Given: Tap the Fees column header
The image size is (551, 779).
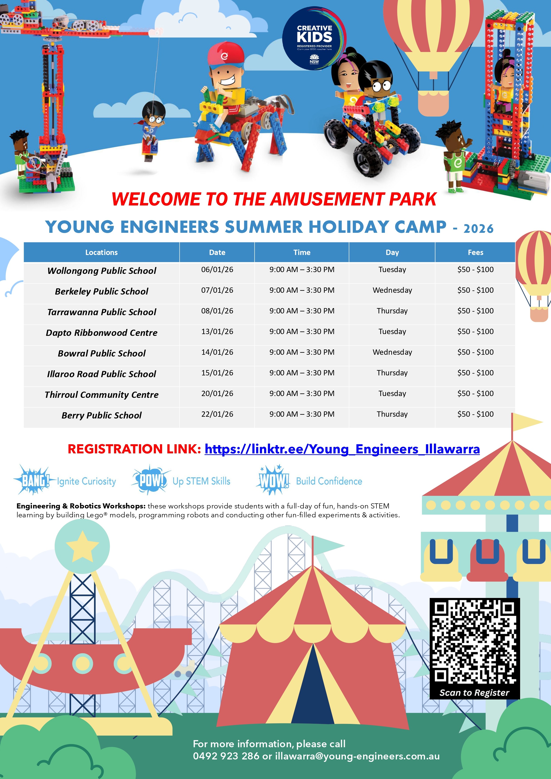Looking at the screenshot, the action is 475,252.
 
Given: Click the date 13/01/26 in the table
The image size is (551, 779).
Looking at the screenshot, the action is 217,331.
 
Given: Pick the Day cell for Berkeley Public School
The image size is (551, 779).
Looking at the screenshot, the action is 392,290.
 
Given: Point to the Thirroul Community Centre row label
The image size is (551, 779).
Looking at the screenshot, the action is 102,394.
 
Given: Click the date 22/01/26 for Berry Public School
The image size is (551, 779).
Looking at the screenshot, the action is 217,414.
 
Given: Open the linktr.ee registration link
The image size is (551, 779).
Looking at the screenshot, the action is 342,449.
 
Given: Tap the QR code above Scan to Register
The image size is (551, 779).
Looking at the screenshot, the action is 475,643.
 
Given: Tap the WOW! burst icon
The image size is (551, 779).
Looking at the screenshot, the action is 274,480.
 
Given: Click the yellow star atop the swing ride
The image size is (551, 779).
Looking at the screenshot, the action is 82,545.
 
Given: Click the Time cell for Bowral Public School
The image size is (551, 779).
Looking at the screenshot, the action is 302,352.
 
